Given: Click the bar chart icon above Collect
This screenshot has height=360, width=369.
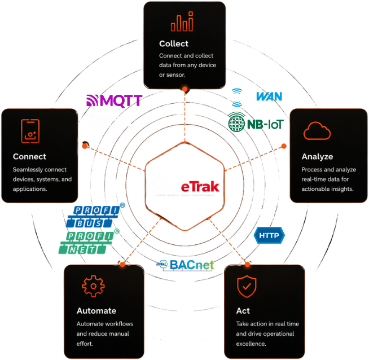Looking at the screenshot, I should tap(182, 23).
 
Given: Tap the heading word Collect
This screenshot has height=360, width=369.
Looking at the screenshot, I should tap(174, 43).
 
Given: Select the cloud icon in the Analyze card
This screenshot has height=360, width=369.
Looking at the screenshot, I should tap(317, 132).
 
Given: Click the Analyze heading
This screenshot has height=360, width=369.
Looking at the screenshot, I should tap(317, 156).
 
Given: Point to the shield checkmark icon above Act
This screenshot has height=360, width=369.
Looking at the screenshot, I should tap(245, 287).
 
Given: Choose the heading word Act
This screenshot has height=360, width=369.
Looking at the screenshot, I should tap(243, 311).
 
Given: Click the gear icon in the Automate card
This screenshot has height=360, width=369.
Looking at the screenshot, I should tap(93, 286).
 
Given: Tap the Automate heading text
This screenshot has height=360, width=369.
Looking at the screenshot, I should tap(96, 310).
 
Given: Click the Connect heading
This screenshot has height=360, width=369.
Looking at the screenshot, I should tap(29, 156).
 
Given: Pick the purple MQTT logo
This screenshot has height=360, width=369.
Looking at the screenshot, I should tap(114, 100).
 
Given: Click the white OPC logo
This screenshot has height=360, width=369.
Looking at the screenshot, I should tap(113, 121).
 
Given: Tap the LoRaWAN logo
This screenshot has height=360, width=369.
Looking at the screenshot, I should tap(256, 96).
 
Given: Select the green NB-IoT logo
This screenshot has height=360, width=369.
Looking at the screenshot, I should tap(256, 122).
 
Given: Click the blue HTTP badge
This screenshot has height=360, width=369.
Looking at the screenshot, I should tap(270, 234).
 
